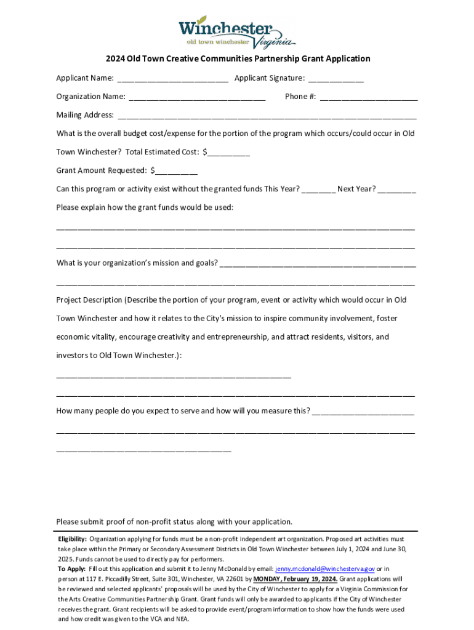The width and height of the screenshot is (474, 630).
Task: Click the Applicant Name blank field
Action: point(172,79)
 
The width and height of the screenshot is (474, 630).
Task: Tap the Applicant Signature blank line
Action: point(335,79)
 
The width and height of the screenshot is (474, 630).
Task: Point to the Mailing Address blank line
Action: point(267,116)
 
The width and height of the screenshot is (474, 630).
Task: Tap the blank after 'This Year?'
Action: point(318,189)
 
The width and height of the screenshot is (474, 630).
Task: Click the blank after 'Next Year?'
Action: point(397,189)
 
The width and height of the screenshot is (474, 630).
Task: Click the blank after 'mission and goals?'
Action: point(317,264)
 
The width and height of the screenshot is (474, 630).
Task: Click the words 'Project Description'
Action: point(89,300)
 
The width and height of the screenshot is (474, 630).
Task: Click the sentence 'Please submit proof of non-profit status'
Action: point(174,522)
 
